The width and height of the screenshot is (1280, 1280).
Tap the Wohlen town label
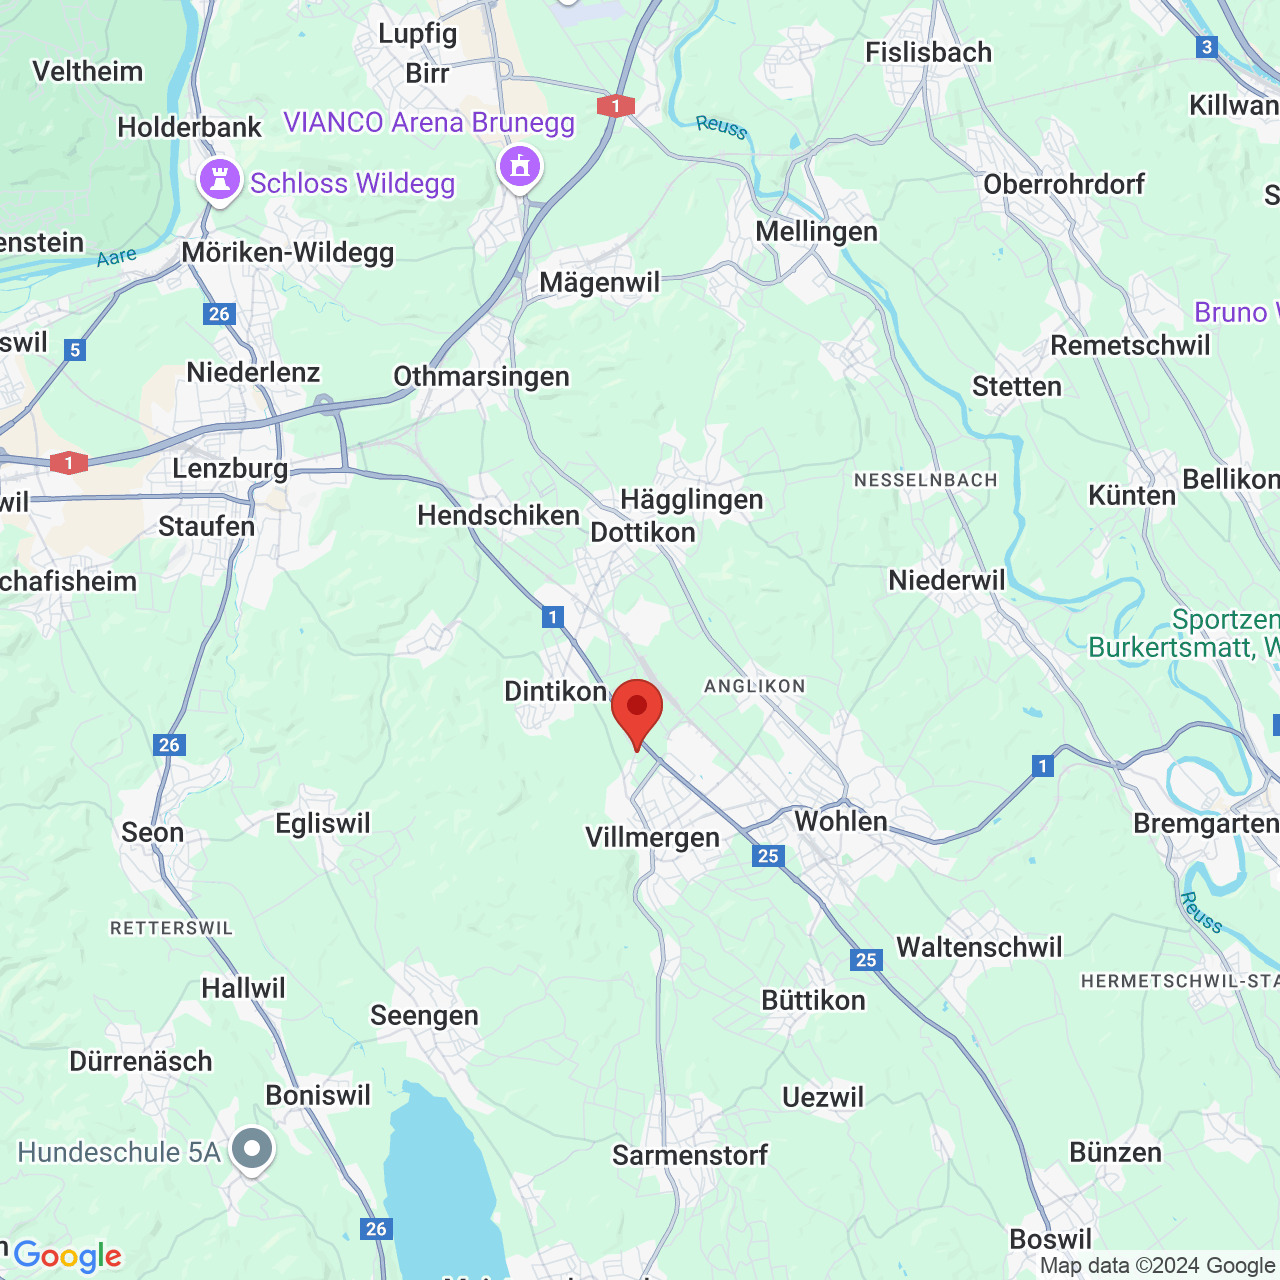(840, 821)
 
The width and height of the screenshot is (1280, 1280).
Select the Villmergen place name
(652, 837)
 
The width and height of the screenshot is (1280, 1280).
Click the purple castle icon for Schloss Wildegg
(220, 181)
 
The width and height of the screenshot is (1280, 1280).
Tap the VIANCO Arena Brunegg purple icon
(519, 166)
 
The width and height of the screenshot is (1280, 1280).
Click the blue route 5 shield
(75, 350)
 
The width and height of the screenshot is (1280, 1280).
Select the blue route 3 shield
(1207, 47)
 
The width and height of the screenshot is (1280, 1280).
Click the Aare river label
(117, 257)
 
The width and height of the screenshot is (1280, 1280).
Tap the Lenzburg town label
(230, 468)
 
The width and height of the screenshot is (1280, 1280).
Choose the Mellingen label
(816, 231)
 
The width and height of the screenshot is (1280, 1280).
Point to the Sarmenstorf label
(690, 1155)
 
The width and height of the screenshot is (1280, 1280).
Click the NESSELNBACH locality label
(925, 480)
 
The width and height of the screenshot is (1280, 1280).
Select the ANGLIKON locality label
(754, 686)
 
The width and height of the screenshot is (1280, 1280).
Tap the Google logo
(67, 1256)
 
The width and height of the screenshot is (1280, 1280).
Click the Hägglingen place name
(691, 499)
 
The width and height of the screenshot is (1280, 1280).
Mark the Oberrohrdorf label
(1064, 184)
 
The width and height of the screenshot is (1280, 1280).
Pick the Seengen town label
(424, 1015)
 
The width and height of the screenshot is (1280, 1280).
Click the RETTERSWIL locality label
(171, 928)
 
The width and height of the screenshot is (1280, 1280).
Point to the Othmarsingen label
(481, 376)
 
